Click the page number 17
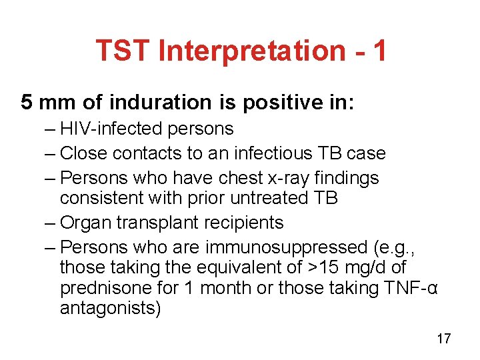click(x=443, y=339)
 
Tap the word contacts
click(x=148, y=153)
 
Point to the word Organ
click(x=83, y=223)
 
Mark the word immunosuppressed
click(x=285, y=247)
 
